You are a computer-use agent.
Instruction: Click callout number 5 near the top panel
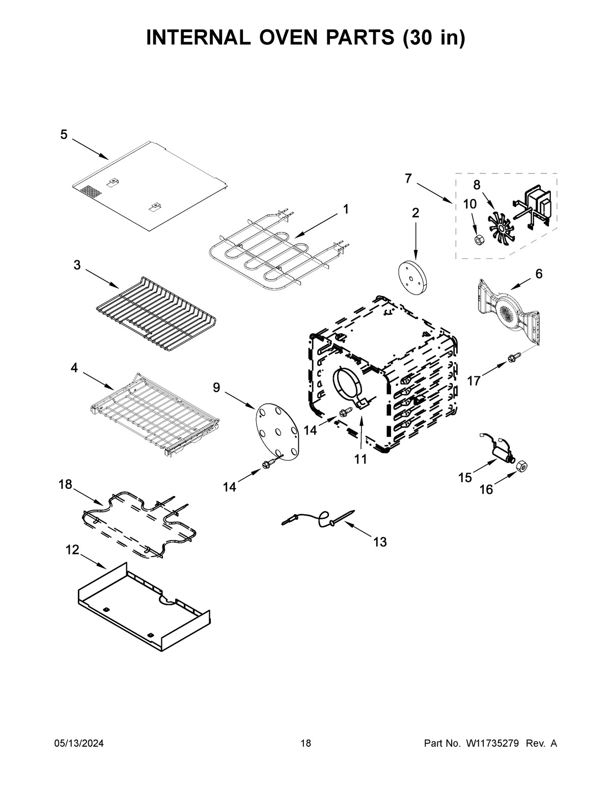tap(64, 135)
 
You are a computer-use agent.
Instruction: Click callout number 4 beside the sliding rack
tap(74, 368)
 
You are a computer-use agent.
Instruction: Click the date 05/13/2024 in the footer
tap(79, 744)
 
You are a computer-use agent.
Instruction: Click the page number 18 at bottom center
tap(305, 744)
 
